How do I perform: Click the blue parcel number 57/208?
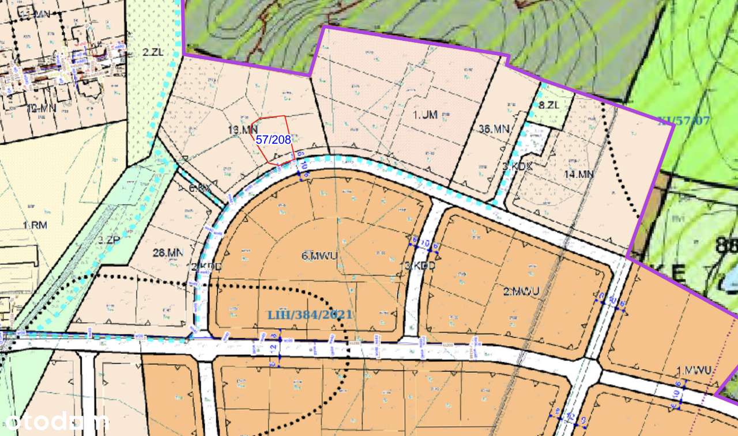tap(273, 139)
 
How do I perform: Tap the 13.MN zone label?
tap(242, 130)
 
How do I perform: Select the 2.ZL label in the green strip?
tap(153, 52)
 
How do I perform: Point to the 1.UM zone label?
tap(426, 115)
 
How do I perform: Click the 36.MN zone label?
tap(494, 129)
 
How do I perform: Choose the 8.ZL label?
tap(549, 105)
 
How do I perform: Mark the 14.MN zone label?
tap(578, 173)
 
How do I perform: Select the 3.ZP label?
tap(108, 240)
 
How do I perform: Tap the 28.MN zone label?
tap(168, 252)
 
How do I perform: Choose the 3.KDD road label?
tap(419, 266)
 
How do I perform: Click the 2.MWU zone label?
tap(521, 291)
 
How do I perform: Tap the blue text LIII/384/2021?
tap(310, 314)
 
